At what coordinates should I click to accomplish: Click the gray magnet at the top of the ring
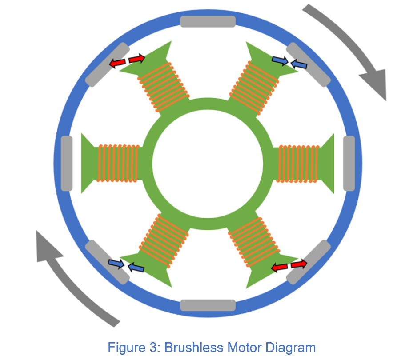(x=208, y=21)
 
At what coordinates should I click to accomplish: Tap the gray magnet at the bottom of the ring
(x=208, y=305)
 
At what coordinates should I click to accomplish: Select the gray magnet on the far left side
(x=66, y=163)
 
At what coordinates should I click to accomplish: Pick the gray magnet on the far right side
(x=349, y=163)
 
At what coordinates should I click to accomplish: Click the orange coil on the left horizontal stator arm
(x=118, y=163)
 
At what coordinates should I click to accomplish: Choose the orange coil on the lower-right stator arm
(x=253, y=240)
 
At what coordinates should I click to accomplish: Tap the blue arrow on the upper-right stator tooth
(x=280, y=61)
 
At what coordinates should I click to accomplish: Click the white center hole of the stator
(x=208, y=163)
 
